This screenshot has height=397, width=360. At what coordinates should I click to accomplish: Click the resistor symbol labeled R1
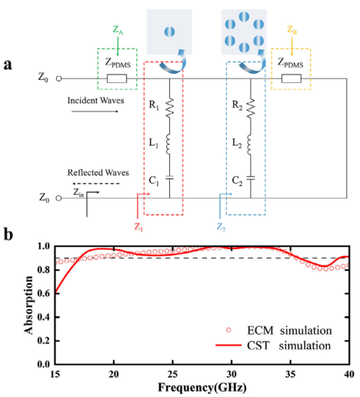(x=169, y=108)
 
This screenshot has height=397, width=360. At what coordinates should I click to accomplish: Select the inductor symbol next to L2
(x=250, y=145)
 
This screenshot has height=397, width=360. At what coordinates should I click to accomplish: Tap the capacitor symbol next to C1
(x=169, y=178)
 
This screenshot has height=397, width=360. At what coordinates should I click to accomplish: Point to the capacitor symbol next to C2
(x=251, y=178)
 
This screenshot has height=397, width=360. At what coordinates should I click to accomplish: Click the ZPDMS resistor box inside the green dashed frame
(x=117, y=78)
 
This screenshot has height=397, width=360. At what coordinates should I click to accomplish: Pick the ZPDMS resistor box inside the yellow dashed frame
(x=292, y=78)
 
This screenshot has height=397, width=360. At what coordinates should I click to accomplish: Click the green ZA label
(x=118, y=30)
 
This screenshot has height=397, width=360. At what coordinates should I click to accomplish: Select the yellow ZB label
(x=292, y=30)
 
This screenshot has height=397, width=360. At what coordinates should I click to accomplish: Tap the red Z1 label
(x=138, y=227)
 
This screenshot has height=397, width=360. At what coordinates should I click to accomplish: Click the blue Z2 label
(x=221, y=227)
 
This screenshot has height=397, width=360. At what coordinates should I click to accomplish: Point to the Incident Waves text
(x=95, y=100)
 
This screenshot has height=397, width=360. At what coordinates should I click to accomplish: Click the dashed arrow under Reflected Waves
(x=96, y=184)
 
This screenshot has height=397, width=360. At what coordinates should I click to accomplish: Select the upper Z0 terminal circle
(x=59, y=78)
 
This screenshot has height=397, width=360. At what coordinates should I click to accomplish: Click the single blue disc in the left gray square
(x=169, y=32)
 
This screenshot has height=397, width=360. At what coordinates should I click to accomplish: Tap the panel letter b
(x=8, y=234)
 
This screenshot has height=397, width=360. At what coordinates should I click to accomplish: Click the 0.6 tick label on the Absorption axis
(x=45, y=294)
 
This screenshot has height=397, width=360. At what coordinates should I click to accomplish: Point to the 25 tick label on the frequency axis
(x=172, y=375)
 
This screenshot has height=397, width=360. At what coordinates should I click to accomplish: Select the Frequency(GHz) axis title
(x=202, y=387)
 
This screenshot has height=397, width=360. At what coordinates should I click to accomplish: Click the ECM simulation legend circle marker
(x=228, y=330)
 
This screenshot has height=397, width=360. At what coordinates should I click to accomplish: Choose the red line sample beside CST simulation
(x=228, y=345)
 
